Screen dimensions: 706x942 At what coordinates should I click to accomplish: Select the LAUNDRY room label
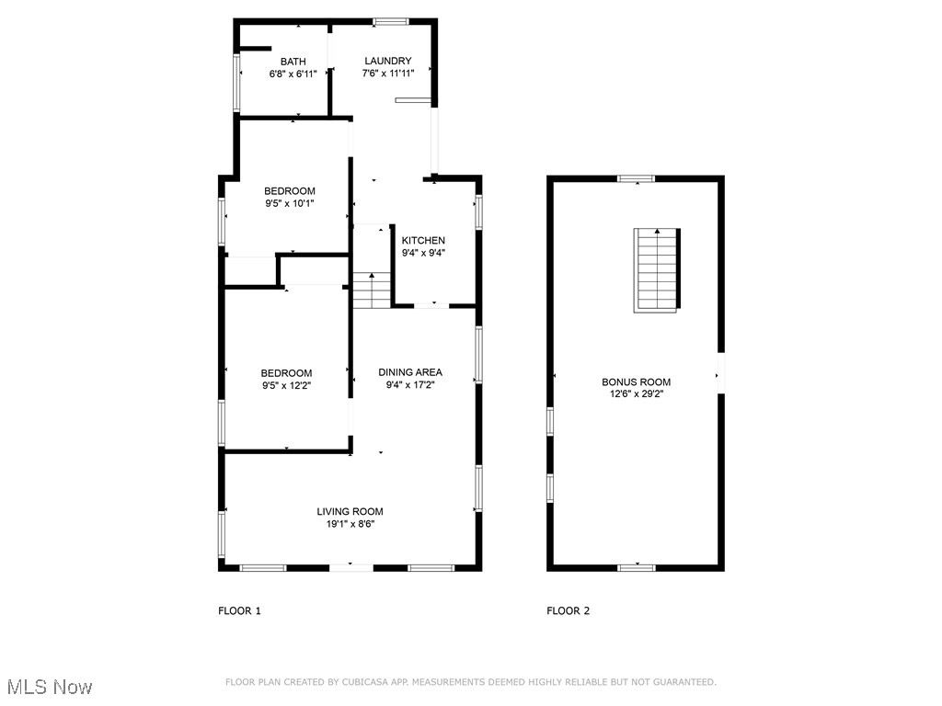point(387,62)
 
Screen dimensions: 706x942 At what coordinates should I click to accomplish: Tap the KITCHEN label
point(423,240)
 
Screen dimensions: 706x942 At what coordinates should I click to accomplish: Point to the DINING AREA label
point(410,372)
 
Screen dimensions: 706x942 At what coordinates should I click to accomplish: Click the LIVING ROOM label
point(350,512)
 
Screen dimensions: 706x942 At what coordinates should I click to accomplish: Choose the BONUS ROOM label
point(636,381)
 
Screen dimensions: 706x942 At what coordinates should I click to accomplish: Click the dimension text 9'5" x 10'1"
point(289,204)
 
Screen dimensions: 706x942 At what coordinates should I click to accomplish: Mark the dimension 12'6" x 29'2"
point(636,393)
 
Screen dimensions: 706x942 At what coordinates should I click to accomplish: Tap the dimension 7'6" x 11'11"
point(387,74)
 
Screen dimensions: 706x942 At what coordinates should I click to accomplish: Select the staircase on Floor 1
point(373,290)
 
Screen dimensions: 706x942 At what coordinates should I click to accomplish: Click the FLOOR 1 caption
point(239,610)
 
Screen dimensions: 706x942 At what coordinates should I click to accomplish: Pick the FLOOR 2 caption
point(569,610)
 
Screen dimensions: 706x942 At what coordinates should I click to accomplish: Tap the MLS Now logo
point(49,687)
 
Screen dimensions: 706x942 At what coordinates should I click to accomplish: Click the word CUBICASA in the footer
point(362,682)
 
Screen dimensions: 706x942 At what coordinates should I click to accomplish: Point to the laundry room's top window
point(391,21)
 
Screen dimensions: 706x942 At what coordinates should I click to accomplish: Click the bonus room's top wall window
point(636,178)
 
